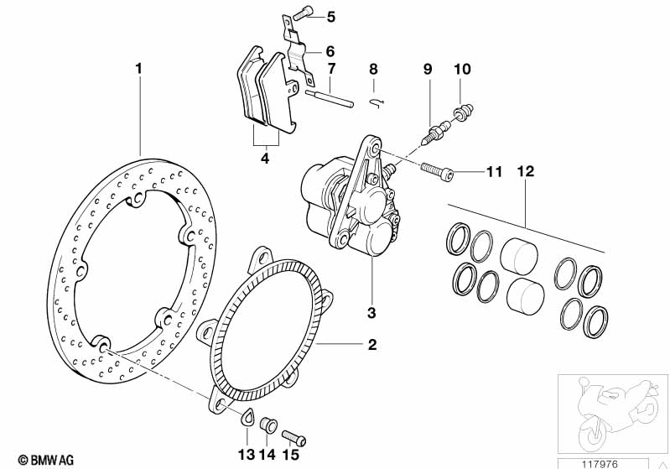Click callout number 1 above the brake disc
click(x=138, y=69)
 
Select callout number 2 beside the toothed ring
click(x=372, y=345)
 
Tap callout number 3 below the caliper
click(x=371, y=312)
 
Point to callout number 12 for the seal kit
click(x=526, y=171)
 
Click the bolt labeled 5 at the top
click(x=304, y=13)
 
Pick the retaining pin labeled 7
click(x=329, y=97)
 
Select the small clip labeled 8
click(x=377, y=103)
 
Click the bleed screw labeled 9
click(x=439, y=133)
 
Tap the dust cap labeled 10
click(x=464, y=111)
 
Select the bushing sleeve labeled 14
click(x=268, y=425)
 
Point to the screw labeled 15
click(x=294, y=438)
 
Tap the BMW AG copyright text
click(x=46, y=460)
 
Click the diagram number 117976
click(x=600, y=464)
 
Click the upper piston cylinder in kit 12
click(x=519, y=255)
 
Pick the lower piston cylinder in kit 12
click(x=525, y=296)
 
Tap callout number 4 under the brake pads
click(x=265, y=159)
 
